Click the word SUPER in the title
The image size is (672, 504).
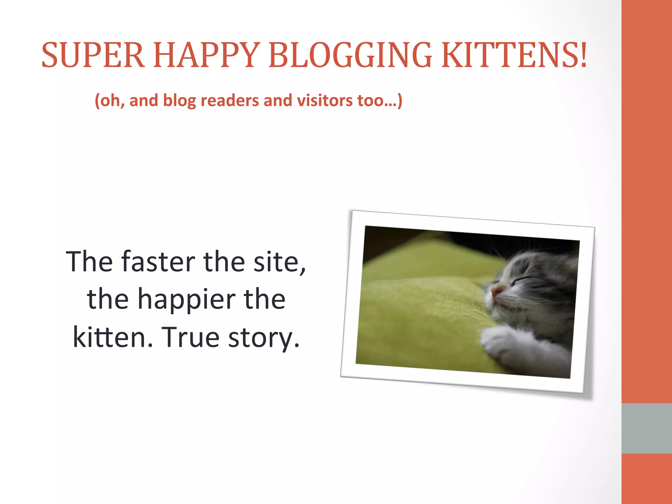93,55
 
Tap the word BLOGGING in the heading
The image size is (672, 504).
350,55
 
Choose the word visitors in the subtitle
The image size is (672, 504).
325,100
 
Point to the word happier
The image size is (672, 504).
186,299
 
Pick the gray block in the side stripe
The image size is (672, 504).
646,428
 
